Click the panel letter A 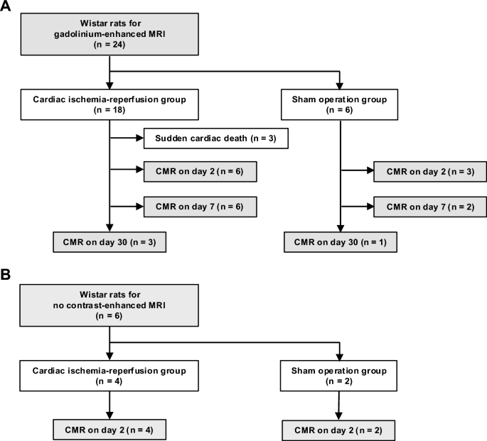click(x=6, y=7)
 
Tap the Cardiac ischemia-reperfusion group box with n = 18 click(x=109, y=104)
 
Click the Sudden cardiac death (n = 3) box click(x=215, y=138)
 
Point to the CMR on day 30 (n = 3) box click(x=109, y=241)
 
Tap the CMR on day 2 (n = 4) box click(x=109, y=428)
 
